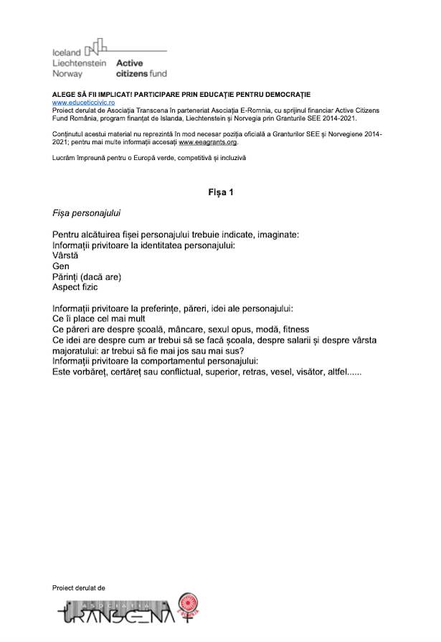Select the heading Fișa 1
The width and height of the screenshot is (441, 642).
click(220, 192)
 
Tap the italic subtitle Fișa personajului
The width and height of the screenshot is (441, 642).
click(87, 214)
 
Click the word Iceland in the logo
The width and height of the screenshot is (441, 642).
click(67, 52)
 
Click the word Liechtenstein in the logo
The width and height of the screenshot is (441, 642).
click(80, 62)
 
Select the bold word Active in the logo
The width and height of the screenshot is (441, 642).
click(130, 62)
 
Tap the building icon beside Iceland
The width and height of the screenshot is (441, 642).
click(96, 49)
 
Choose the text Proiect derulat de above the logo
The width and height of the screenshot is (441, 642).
click(79, 587)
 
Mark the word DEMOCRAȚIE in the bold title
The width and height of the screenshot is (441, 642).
click(281, 95)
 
